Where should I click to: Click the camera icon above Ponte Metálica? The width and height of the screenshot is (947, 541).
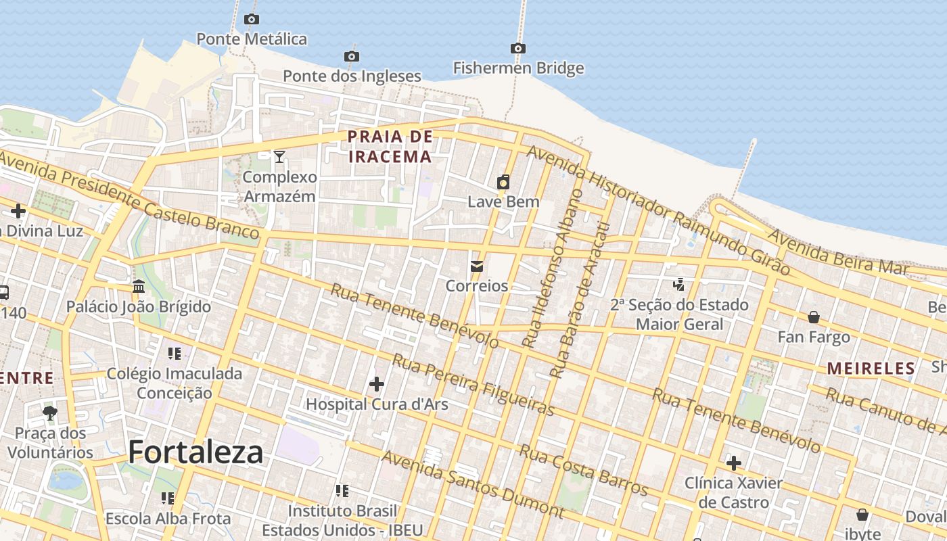(x=252, y=20)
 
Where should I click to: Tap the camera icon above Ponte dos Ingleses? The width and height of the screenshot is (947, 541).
(x=351, y=57)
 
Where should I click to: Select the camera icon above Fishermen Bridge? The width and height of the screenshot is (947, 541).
(x=518, y=49)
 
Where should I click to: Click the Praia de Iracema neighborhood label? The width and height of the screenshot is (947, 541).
(x=390, y=147)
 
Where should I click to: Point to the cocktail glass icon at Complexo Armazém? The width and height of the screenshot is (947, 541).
(x=279, y=157)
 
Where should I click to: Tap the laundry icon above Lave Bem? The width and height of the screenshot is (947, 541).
(x=503, y=182)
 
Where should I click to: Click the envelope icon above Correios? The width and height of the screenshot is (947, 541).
(x=477, y=266)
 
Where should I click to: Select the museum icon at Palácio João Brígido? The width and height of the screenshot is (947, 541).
(x=139, y=287)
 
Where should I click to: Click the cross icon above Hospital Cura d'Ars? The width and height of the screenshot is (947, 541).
(x=377, y=385)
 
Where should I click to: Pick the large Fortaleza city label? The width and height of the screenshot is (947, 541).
(x=195, y=452)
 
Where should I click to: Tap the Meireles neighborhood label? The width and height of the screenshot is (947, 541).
(x=871, y=369)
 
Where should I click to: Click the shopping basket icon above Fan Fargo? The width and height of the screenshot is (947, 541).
(x=814, y=317)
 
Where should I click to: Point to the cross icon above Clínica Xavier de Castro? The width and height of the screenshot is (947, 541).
(x=734, y=463)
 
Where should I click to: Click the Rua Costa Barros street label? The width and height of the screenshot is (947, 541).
(x=583, y=470)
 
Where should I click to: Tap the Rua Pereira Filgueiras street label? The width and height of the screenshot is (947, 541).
(x=473, y=384)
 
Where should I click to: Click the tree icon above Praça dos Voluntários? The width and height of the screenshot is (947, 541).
(x=50, y=413)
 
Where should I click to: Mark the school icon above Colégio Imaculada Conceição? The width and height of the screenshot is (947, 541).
(x=175, y=354)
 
